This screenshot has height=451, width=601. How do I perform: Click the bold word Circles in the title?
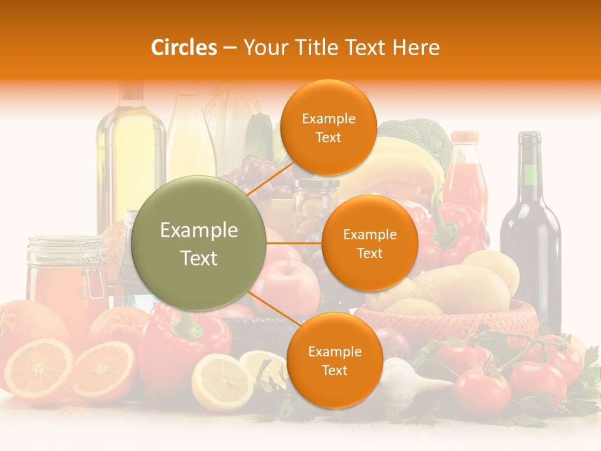(184, 48)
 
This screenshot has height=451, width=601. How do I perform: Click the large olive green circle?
(198, 244)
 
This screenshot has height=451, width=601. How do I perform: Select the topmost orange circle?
(328, 127)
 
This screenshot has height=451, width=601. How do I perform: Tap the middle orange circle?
(369, 243)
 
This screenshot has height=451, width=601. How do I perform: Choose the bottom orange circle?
(334, 360)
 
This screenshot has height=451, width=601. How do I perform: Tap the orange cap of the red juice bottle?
(465, 137)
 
